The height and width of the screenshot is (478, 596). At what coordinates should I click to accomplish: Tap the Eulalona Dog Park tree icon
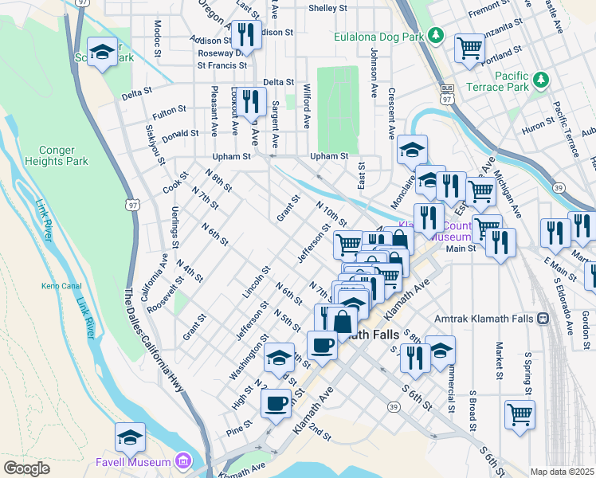pos(435,34)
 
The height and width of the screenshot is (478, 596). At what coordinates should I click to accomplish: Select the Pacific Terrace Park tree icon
pos(541,80)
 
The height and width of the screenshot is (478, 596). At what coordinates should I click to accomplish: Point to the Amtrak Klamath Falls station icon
pos(543,318)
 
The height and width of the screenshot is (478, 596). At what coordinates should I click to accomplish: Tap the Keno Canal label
pos(57,285)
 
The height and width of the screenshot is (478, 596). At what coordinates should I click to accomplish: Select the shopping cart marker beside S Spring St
pos(520,413)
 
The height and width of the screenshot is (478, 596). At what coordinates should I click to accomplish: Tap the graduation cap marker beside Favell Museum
pos(130,436)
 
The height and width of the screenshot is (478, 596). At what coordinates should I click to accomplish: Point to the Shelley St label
pos(327,9)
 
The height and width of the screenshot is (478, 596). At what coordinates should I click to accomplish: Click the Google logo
pos(26,468)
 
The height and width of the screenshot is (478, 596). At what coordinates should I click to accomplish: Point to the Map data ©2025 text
pos(562,472)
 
